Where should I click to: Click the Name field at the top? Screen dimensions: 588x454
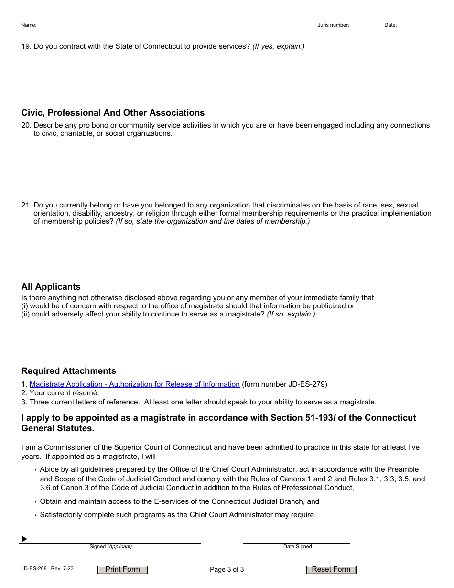[x=167, y=32]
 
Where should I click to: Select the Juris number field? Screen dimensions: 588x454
[x=348, y=32]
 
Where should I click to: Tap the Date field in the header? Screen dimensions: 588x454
[x=408, y=32]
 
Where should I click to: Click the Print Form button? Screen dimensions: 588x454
[x=123, y=569]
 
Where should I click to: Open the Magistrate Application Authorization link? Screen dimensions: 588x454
[x=134, y=384]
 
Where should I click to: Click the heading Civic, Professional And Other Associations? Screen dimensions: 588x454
[x=113, y=113]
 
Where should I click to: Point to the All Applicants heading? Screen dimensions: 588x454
[x=51, y=287]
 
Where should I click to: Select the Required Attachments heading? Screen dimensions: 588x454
[x=68, y=371]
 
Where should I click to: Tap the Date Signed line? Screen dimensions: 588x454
[x=296, y=539]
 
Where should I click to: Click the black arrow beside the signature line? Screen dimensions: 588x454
[x=24, y=539]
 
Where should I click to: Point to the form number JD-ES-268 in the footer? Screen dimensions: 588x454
[x=34, y=569]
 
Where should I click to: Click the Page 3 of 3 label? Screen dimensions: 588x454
[x=227, y=569]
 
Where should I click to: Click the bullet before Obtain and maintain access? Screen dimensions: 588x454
[x=36, y=502]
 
